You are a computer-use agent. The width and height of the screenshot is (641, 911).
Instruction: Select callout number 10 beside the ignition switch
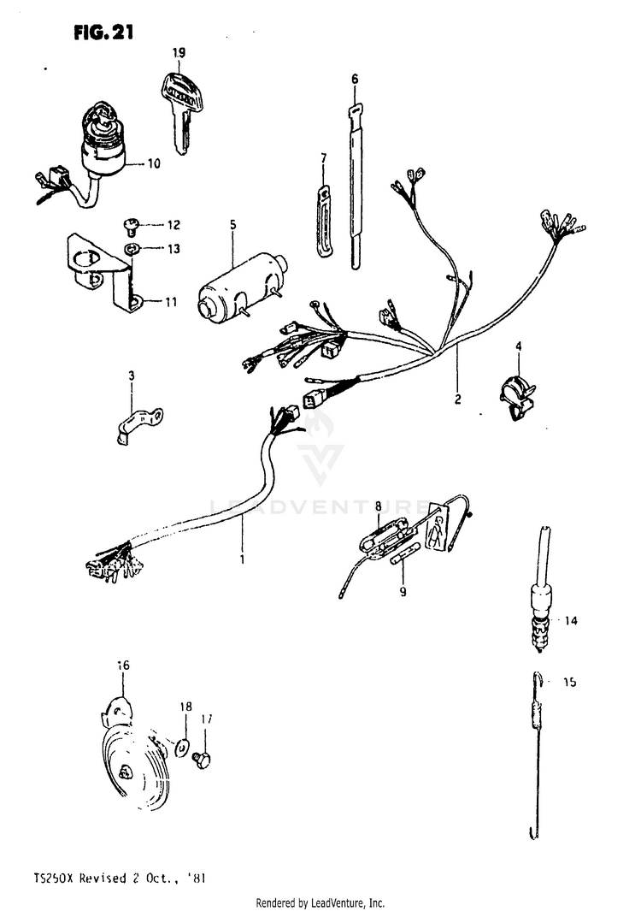coord(154,163)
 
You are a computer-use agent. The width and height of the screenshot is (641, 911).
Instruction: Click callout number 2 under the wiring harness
coord(457,399)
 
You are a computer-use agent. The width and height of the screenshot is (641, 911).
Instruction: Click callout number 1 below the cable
coord(242,560)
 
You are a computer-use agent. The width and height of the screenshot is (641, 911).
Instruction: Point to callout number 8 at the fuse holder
coord(378,506)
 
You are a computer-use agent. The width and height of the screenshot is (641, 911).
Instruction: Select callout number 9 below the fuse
coord(402,590)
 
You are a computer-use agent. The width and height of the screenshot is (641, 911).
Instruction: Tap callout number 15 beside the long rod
coord(570,683)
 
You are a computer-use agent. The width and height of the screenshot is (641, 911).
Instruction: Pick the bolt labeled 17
coord(203,759)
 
